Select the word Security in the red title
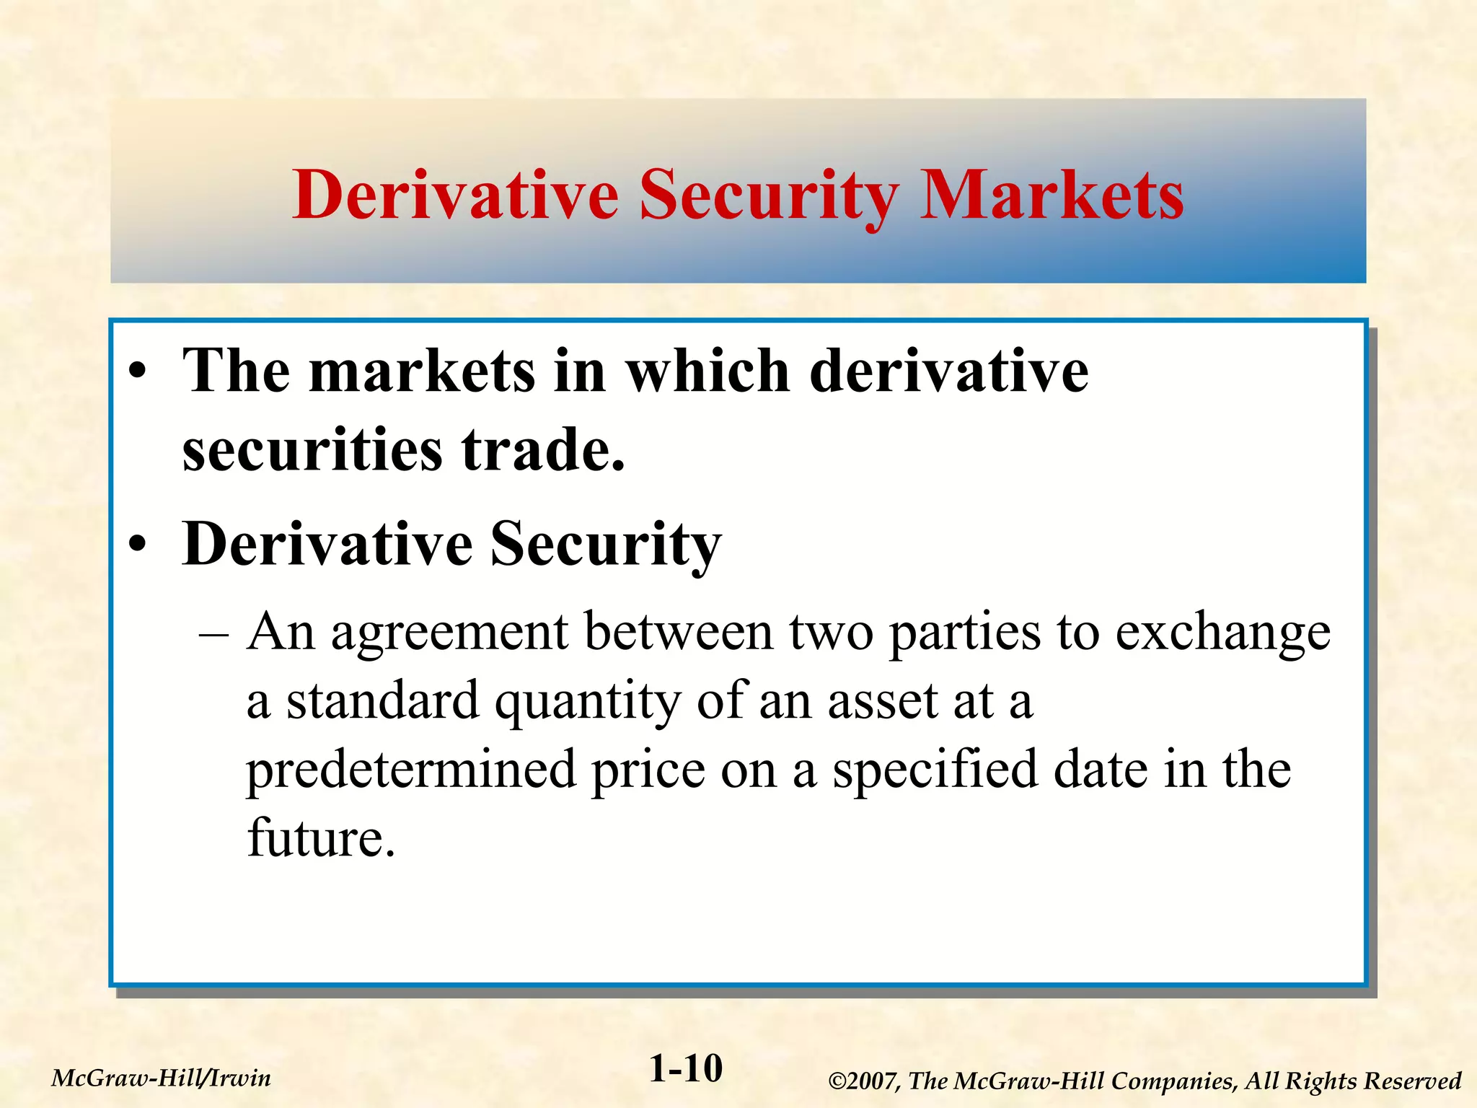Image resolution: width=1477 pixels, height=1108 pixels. point(769,196)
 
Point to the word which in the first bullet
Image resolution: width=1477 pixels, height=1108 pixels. point(707,371)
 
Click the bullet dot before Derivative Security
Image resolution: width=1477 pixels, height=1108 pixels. point(138,545)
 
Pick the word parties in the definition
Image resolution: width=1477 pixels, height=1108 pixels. point(965,633)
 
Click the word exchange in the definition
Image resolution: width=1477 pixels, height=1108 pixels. point(1222,633)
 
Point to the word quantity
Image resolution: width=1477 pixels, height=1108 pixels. point(587,702)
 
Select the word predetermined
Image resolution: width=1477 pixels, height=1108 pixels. point(411,770)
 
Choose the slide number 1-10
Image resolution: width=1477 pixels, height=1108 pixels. point(686,1068)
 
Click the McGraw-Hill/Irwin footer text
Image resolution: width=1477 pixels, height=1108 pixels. point(162,1078)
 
